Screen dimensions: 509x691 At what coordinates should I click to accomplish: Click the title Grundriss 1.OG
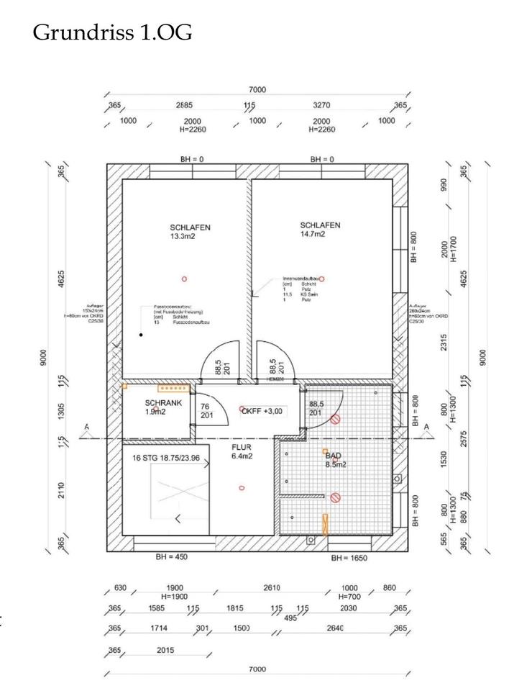112,33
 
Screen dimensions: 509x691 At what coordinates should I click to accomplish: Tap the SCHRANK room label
163,404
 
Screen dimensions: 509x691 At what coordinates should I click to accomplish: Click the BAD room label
333,456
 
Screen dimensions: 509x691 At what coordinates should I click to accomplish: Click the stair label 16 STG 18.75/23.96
169,456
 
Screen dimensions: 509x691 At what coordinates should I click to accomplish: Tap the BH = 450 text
173,556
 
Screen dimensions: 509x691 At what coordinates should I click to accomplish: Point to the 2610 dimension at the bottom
272,588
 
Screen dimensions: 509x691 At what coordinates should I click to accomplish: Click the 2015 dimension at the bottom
166,650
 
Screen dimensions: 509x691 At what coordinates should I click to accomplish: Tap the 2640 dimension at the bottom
335,628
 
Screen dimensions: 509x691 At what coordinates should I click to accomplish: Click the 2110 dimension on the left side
63,491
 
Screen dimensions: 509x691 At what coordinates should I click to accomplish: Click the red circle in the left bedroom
185,279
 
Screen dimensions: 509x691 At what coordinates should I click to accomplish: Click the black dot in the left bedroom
142,335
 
